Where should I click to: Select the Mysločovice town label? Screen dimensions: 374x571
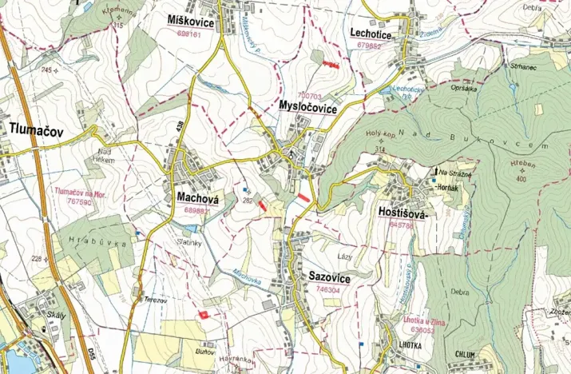pyautogui.click(x=307, y=105)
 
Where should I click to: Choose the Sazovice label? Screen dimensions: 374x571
pyautogui.click(x=329, y=276)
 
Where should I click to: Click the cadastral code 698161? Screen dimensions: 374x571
pyautogui.click(x=190, y=34)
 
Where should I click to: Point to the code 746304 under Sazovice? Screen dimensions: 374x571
pyautogui.click(x=329, y=289)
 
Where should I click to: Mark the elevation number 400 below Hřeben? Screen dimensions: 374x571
pyautogui.click(x=521, y=179)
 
